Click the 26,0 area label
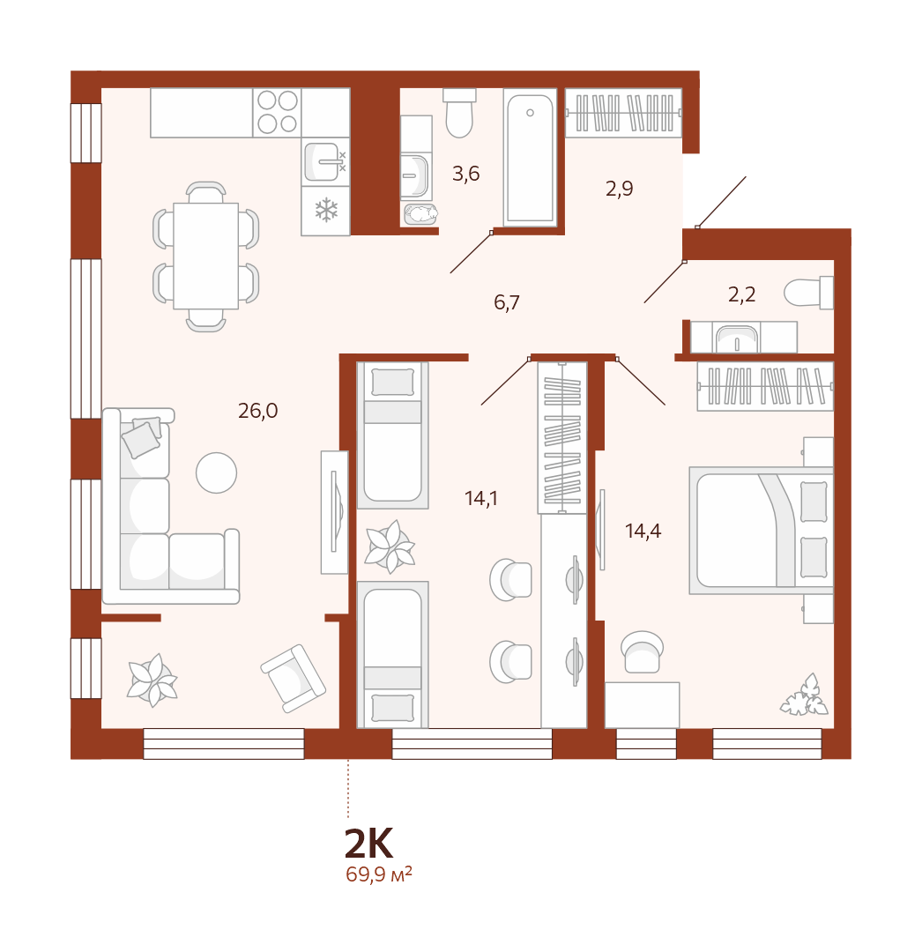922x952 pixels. (x=258, y=411)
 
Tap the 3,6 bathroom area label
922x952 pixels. (x=465, y=175)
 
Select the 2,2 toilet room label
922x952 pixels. (x=741, y=294)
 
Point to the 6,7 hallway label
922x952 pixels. (x=507, y=301)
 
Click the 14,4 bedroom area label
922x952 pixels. (x=643, y=532)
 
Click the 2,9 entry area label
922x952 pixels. (x=619, y=189)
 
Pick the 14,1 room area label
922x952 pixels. (x=480, y=498)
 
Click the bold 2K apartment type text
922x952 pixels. (x=368, y=843)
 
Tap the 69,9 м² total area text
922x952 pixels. (x=379, y=875)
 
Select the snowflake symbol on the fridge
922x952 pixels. (x=326, y=210)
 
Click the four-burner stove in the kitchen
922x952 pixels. (x=278, y=112)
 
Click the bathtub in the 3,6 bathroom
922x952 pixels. (x=530, y=158)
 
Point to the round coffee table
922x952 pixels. (x=216, y=472)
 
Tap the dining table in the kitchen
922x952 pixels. (x=205, y=257)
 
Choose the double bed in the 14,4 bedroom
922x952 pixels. (x=762, y=530)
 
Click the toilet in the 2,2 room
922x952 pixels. (x=808, y=293)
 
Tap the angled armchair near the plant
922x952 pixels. (x=294, y=678)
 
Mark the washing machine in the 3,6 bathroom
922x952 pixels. (x=420, y=214)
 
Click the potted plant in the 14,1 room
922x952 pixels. (x=390, y=547)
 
